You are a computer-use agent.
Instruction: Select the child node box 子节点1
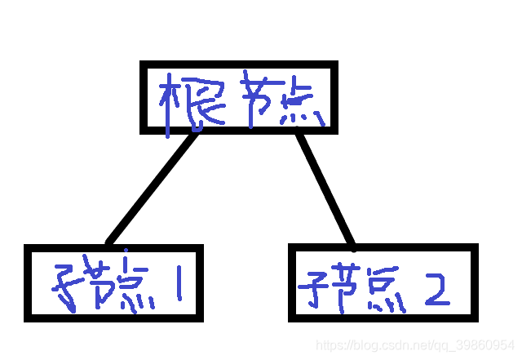click(x=114, y=282)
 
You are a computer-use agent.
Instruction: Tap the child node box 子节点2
click(x=382, y=282)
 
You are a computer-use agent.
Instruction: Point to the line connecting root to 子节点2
click(x=325, y=188)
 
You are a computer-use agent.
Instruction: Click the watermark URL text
click(x=415, y=345)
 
